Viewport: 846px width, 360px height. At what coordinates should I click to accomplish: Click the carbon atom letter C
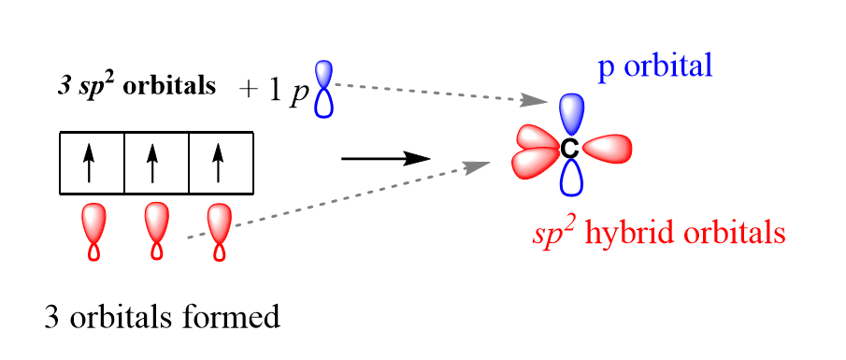[568, 149]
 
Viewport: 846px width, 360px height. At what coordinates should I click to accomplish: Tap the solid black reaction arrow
[385, 159]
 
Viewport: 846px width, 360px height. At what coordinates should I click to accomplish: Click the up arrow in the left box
[90, 164]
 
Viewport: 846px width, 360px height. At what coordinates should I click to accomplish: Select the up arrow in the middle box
[154, 164]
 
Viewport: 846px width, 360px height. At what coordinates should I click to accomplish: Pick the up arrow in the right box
[219, 164]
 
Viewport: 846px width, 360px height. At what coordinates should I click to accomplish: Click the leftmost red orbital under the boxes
[94, 230]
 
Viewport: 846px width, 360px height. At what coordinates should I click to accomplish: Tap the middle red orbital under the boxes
[157, 230]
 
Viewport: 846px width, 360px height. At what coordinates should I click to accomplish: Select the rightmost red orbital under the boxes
[220, 230]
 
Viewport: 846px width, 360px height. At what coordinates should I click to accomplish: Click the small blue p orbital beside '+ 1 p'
[324, 90]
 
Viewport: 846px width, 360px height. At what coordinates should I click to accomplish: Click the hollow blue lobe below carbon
[569, 178]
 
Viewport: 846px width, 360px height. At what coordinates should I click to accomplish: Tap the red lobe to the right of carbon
[608, 148]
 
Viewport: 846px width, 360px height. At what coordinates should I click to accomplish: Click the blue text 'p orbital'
[654, 66]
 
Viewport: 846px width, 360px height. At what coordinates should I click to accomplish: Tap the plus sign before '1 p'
[248, 90]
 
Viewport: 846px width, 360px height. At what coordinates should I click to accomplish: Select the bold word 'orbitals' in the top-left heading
[169, 86]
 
